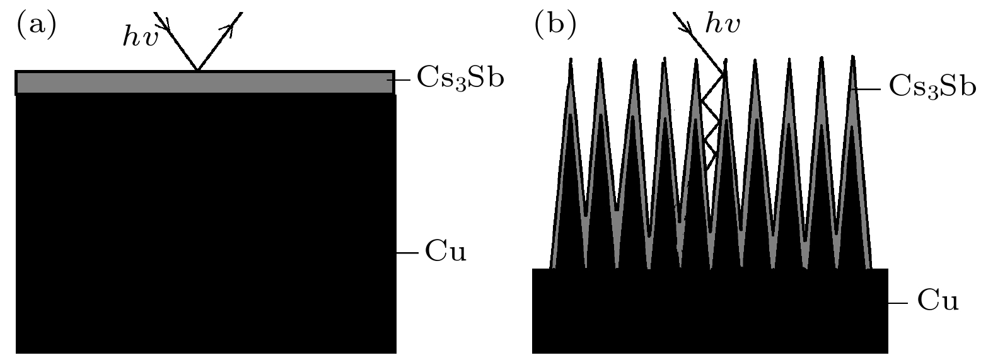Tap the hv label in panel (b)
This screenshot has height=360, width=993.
(x=723, y=25)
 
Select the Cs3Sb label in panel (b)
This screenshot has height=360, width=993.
(x=932, y=87)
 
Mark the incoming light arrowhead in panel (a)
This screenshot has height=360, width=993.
(x=166, y=23)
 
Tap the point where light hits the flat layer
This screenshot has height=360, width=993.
(x=198, y=71)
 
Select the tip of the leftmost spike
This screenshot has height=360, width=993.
(x=571, y=61)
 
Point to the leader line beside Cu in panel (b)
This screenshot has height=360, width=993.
(x=898, y=303)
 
